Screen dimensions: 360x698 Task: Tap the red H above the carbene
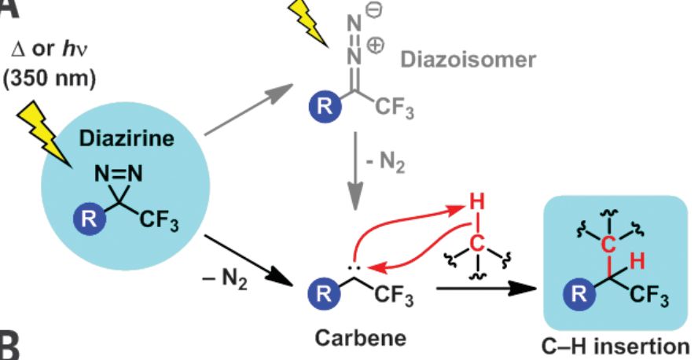[x=473, y=203]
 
